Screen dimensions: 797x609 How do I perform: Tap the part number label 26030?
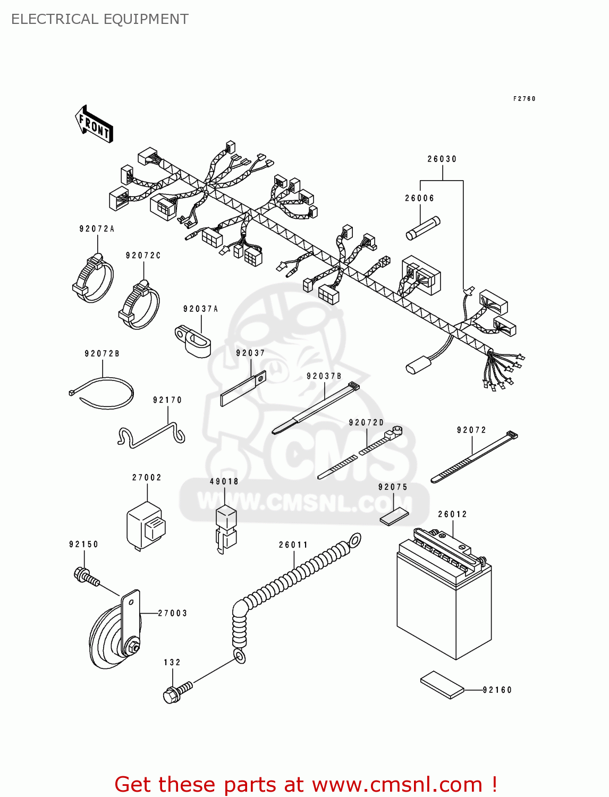[442, 159]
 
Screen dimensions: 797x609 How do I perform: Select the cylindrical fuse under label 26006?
[423, 228]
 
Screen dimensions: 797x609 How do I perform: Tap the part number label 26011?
[293, 545]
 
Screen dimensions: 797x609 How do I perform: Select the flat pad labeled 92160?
[442, 684]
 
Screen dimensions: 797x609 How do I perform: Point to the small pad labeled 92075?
[394, 515]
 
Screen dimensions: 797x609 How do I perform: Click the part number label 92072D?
[366, 422]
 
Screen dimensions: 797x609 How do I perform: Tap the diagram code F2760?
[524, 99]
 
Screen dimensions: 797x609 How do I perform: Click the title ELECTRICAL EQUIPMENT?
[99, 19]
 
